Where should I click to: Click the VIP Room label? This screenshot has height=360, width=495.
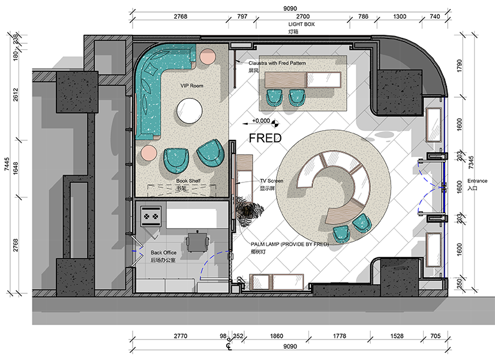click(x=191, y=86)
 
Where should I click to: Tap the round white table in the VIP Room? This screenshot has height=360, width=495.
click(x=189, y=110)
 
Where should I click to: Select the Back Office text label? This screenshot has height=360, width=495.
click(x=164, y=253)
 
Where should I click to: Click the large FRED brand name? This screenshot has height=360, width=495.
click(x=265, y=138)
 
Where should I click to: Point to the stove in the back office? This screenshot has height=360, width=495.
click(x=151, y=216)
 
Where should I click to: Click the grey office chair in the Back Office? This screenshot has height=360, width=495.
click(x=197, y=242)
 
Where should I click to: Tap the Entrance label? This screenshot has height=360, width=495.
click(x=477, y=181)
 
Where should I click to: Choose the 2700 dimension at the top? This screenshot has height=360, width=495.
click(x=302, y=16)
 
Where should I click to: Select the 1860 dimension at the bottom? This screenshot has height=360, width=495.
click(x=277, y=336)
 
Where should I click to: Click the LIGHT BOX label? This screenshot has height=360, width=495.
click(x=301, y=25)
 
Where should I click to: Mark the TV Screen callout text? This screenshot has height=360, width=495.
click(x=271, y=181)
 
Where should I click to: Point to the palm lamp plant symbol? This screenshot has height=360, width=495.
click(x=250, y=210)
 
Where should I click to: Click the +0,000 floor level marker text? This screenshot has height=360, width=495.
click(x=261, y=121)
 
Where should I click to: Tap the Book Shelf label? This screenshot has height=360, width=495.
click(x=188, y=181)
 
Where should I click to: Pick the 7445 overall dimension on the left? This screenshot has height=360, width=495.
click(x=7, y=164)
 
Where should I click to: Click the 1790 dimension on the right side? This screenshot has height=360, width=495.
click(x=460, y=66)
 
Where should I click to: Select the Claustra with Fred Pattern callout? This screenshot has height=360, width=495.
click(x=277, y=63)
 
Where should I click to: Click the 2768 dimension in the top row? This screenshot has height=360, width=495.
click(x=180, y=16)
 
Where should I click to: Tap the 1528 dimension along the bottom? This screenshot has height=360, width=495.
click(x=397, y=336)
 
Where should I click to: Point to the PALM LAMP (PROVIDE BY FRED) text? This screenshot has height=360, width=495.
click(x=290, y=244)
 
